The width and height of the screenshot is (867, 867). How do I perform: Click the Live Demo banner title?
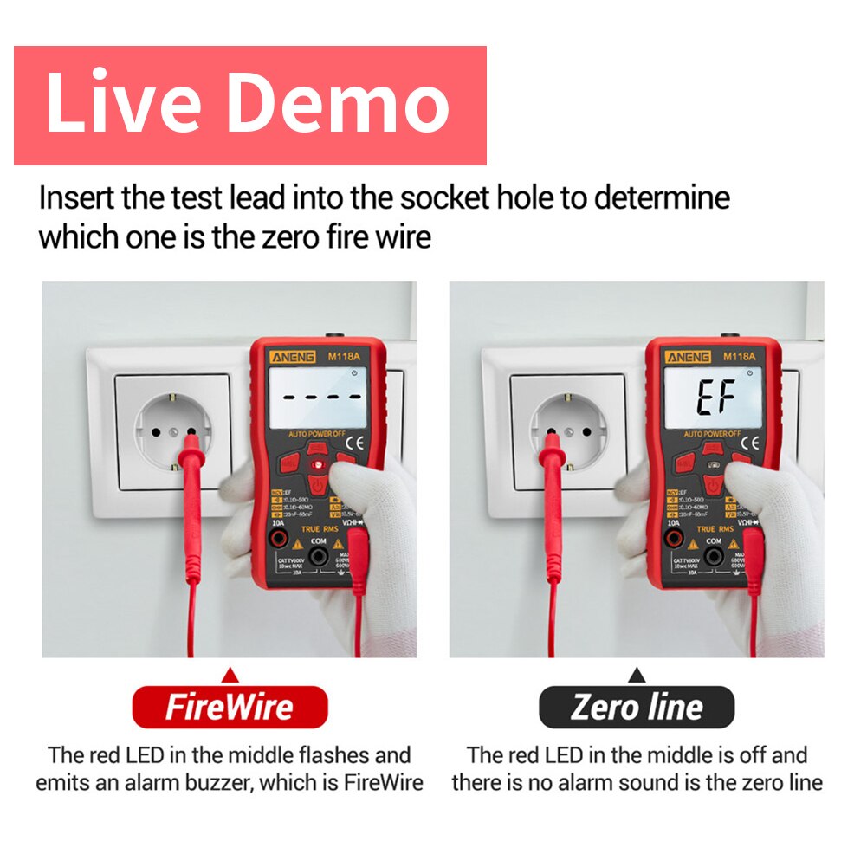coord(249,104)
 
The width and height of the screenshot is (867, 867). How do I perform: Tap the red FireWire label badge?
coord(230,708)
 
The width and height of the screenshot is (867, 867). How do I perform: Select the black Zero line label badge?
coord(637,708)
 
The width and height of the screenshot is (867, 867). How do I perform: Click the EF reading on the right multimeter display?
coord(716,398)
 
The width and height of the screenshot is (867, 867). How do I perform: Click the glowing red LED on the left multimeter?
coord(317,466)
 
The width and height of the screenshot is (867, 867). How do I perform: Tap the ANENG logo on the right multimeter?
coord(687,357)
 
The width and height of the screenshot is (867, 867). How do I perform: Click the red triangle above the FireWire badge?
coord(230,674)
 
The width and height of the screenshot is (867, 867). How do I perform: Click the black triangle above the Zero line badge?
coord(637,674)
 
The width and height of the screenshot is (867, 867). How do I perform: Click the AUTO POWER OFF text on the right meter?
coord(712,433)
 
